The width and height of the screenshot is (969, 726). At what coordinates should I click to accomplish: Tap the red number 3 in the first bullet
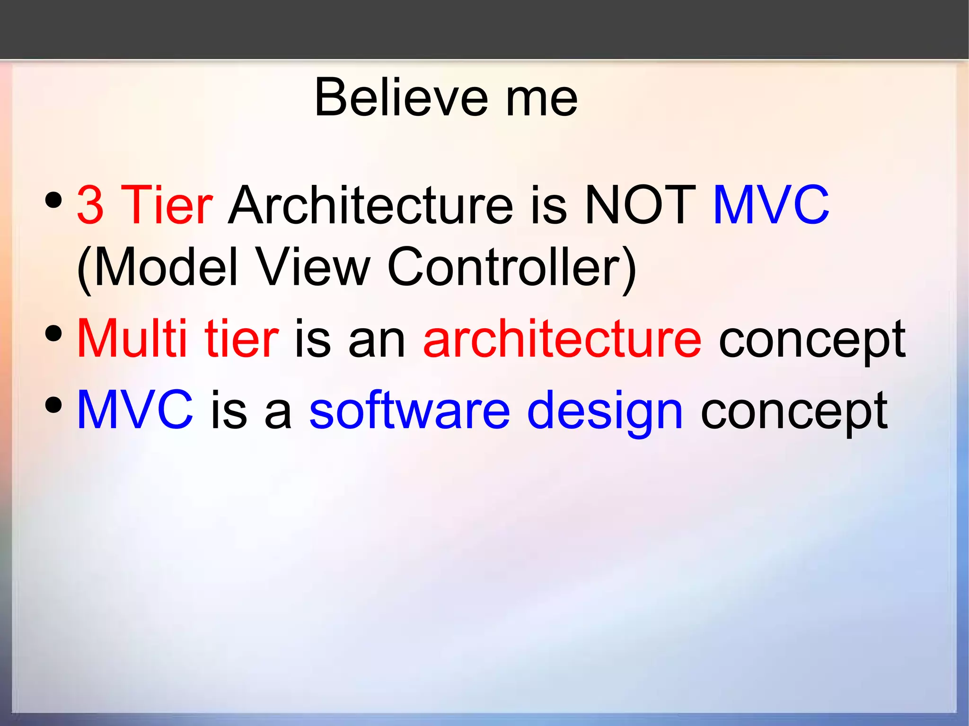point(90,205)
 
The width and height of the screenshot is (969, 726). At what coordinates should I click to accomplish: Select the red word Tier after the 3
point(167,205)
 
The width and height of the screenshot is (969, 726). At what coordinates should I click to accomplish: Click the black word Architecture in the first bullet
point(370,205)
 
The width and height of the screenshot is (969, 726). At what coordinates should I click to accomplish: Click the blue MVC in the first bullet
point(771,205)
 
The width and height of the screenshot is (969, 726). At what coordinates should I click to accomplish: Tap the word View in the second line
point(312,268)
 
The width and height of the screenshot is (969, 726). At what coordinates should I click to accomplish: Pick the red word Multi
point(132,339)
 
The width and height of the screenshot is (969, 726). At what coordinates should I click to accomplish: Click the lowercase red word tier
point(241,339)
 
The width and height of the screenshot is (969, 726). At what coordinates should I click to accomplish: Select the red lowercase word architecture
point(562,339)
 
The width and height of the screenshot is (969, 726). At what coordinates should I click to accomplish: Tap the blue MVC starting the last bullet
point(135,410)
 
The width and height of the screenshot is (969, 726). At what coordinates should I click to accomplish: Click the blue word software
point(410,410)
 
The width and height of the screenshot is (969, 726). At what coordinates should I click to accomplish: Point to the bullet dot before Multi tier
point(54,333)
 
